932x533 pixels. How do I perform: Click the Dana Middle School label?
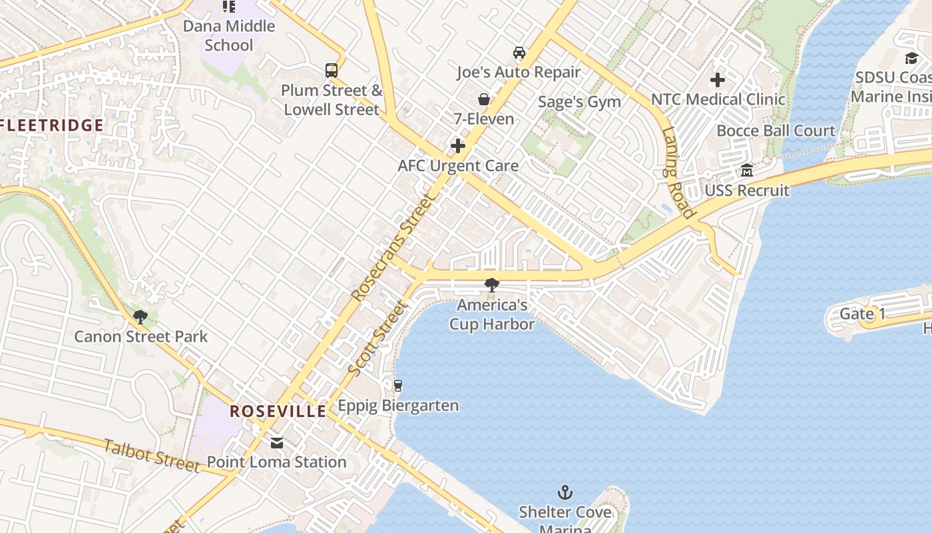click(x=229, y=36)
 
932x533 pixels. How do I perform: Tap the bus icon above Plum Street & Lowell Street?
click(x=331, y=70)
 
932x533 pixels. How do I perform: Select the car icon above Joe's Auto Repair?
click(x=519, y=52)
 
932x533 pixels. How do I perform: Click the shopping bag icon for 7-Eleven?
click(x=484, y=99)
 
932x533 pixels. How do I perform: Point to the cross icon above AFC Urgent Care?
click(x=458, y=146)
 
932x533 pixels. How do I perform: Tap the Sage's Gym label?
click(x=579, y=102)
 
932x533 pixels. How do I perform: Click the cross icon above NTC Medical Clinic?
click(x=718, y=80)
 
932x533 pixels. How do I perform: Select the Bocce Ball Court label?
click(x=776, y=131)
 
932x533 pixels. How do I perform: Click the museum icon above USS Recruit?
click(x=747, y=171)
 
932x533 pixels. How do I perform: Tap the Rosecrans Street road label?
click(x=392, y=247)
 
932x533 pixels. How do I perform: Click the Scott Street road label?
click(x=377, y=338)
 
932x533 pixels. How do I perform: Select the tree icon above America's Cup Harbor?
click(x=491, y=285)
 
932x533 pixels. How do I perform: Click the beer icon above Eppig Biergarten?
click(x=398, y=385)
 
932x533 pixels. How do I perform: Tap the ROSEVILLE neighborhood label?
click(x=278, y=411)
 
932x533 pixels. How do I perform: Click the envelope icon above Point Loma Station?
click(x=276, y=442)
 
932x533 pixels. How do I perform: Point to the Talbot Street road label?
click(x=152, y=456)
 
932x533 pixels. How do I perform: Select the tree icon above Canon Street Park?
click(x=140, y=316)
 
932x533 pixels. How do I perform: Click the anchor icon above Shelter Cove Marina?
click(x=565, y=492)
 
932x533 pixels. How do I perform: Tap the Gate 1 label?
click(x=862, y=314)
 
